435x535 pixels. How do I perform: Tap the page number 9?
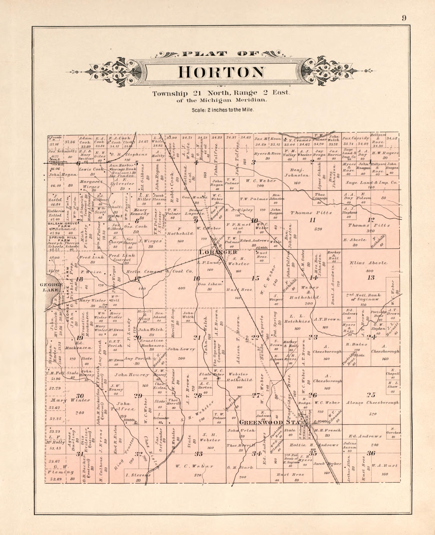[x=404, y=18]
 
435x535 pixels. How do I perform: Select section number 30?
[x=80, y=396]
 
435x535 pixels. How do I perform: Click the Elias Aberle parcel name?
[x=368, y=263]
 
